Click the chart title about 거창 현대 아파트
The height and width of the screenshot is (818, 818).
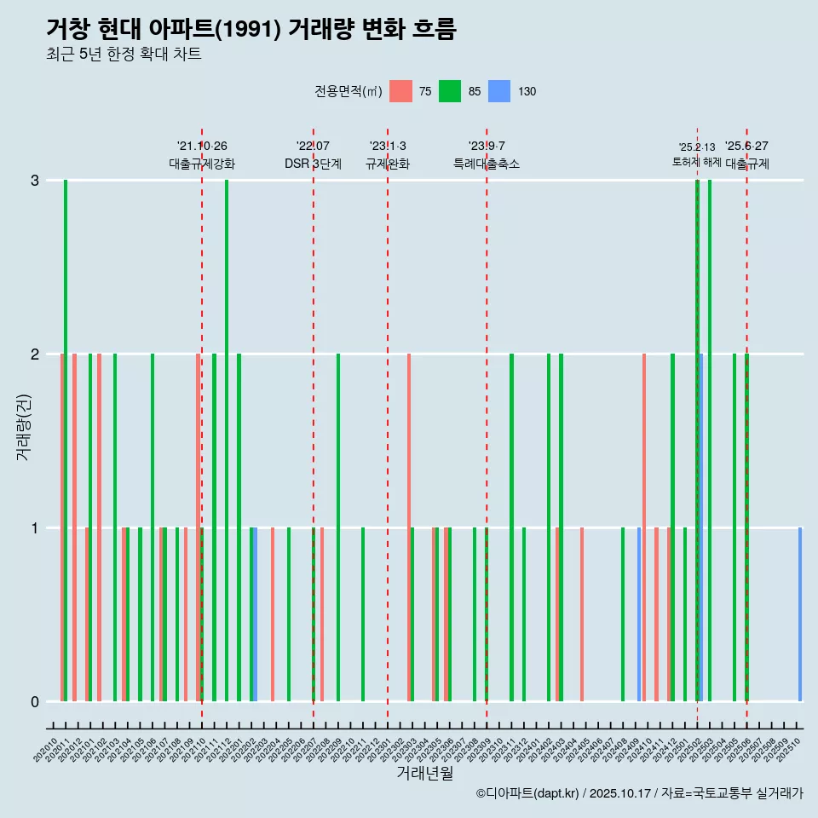pyautogui.click(x=251, y=29)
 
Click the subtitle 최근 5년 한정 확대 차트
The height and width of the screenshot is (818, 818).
pyautogui.click(x=124, y=55)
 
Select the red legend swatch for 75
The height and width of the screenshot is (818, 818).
pyautogui.click(x=400, y=91)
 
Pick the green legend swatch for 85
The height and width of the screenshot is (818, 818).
pyautogui.click(x=450, y=91)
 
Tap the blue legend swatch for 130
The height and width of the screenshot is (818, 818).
pyautogui.click(x=499, y=91)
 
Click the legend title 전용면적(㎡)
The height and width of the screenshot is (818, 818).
pyautogui.click(x=348, y=91)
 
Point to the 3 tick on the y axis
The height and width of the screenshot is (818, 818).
pyautogui.click(x=35, y=181)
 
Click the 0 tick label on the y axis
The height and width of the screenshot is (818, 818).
pyautogui.click(x=35, y=701)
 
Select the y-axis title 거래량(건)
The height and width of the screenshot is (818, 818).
pyautogui.click(x=24, y=426)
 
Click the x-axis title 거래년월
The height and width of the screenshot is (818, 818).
pyautogui.click(x=424, y=773)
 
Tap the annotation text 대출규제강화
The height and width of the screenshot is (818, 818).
pyautogui.click(x=202, y=164)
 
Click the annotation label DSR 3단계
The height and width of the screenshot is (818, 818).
pyautogui.click(x=313, y=164)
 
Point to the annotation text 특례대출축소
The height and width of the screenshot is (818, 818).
pyautogui.click(x=487, y=164)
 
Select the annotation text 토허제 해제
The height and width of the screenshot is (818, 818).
pyautogui.click(x=697, y=162)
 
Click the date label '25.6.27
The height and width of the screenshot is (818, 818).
pyautogui.click(x=746, y=147)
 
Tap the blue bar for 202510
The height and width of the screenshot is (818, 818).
pyautogui.click(x=800, y=613)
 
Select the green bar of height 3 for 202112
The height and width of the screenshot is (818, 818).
pyautogui.click(x=227, y=441)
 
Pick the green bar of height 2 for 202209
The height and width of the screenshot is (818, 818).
pyautogui.click(x=338, y=527)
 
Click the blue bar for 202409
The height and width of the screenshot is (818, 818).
pyautogui.click(x=639, y=613)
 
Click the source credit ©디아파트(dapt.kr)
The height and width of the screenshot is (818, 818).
pyautogui.click(x=528, y=793)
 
